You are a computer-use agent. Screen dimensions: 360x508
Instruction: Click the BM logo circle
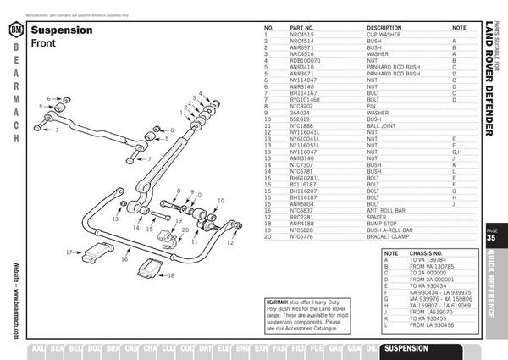tap(14, 31)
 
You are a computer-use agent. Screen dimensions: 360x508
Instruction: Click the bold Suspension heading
tap(61, 29)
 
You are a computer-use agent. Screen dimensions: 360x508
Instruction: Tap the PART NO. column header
tap(302, 28)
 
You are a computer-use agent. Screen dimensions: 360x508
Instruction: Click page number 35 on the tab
tap(492, 239)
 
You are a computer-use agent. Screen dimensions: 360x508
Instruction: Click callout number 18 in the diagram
tap(171, 275)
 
